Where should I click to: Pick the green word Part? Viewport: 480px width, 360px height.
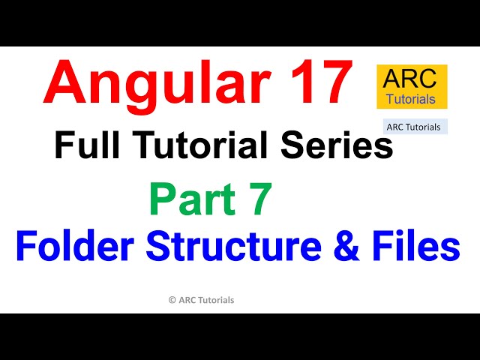click(183, 200)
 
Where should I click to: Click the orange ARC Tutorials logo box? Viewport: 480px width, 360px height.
click(412, 87)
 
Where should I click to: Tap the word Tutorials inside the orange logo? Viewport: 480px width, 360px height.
click(412, 98)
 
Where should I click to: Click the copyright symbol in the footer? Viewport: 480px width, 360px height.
click(172, 300)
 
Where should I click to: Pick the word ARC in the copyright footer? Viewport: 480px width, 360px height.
click(187, 300)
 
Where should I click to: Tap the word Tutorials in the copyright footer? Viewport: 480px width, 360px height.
click(216, 300)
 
